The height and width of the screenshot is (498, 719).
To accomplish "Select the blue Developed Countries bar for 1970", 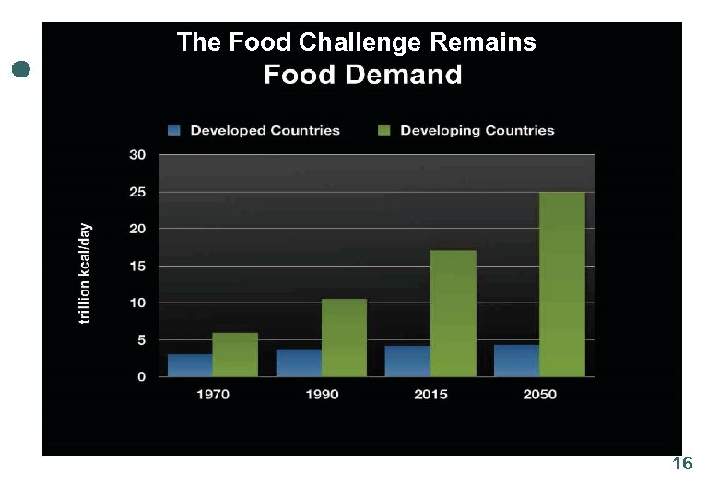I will [x=190, y=365].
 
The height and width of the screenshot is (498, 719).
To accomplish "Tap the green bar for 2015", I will [x=453, y=314].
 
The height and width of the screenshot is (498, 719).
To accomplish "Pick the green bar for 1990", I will [x=344, y=338].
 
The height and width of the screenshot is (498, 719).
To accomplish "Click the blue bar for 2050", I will [x=516, y=361].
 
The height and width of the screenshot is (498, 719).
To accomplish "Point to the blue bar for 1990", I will [x=299, y=362].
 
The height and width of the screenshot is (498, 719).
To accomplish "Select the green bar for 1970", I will [x=235, y=354].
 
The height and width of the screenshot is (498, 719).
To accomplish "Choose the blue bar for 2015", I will [x=407, y=361].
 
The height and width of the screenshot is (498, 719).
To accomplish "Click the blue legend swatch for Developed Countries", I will [x=174, y=130].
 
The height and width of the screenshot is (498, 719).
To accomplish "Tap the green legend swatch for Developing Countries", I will [x=383, y=130].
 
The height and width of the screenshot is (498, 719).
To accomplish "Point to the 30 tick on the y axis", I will [x=136, y=155].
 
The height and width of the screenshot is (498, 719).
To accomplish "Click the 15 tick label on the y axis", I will [x=136, y=266].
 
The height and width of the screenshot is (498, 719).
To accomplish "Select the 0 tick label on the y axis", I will [x=141, y=376].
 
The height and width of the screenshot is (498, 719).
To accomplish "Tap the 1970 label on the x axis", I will [x=212, y=394].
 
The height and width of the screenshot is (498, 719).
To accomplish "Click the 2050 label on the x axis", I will [x=539, y=394].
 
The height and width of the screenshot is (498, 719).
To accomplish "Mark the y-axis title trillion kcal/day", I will [x=85, y=273].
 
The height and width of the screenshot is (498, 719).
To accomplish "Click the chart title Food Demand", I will [x=362, y=75].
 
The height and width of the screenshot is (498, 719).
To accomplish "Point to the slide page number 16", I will [x=682, y=464].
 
